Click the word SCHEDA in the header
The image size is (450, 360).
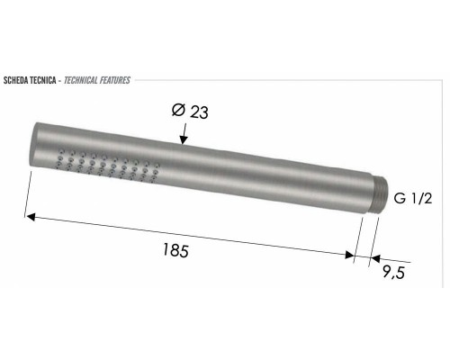click(x=19, y=80)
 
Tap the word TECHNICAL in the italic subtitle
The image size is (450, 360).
click(x=84, y=80)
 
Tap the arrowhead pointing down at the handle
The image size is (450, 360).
click(x=184, y=139)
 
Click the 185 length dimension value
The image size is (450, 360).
click(x=176, y=251)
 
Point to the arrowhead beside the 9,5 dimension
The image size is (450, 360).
click(x=374, y=259)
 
